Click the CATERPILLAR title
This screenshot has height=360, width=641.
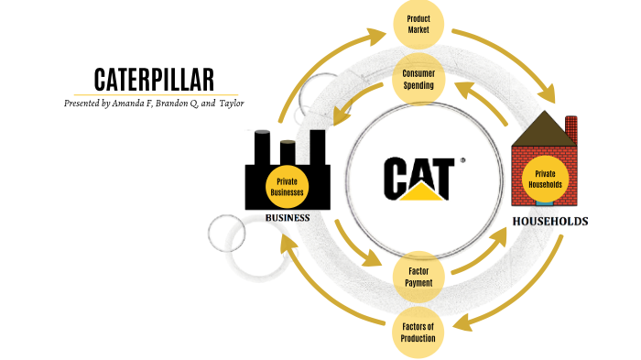[x=154, y=80]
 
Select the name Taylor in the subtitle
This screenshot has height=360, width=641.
[x=230, y=104]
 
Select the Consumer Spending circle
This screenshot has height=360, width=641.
[x=419, y=79]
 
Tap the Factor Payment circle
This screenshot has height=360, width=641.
[x=418, y=277]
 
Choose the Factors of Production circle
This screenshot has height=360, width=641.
[x=418, y=331]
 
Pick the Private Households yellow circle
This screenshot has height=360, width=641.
[x=546, y=179]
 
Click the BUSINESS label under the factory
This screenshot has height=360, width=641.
[x=288, y=218]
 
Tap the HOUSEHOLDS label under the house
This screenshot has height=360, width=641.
[x=549, y=222]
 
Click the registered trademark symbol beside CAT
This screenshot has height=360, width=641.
[x=462, y=159]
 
